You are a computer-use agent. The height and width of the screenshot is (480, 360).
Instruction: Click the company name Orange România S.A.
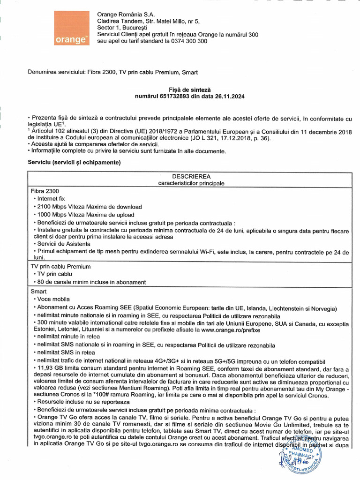pyautogui.click(x=126, y=14)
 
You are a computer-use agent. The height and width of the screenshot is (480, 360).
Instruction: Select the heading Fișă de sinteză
pyautogui.click(x=190, y=89)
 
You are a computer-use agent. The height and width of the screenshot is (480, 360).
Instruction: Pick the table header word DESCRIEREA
pyautogui.click(x=192, y=176)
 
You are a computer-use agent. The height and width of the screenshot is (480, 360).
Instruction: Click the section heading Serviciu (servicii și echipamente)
pyautogui.click(x=75, y=162)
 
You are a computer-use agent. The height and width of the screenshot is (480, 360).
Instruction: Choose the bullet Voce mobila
pyautogui.click(x=53, y=299)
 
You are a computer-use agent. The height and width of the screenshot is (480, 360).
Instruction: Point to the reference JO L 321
pyautogui.click(x=208, y=138)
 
